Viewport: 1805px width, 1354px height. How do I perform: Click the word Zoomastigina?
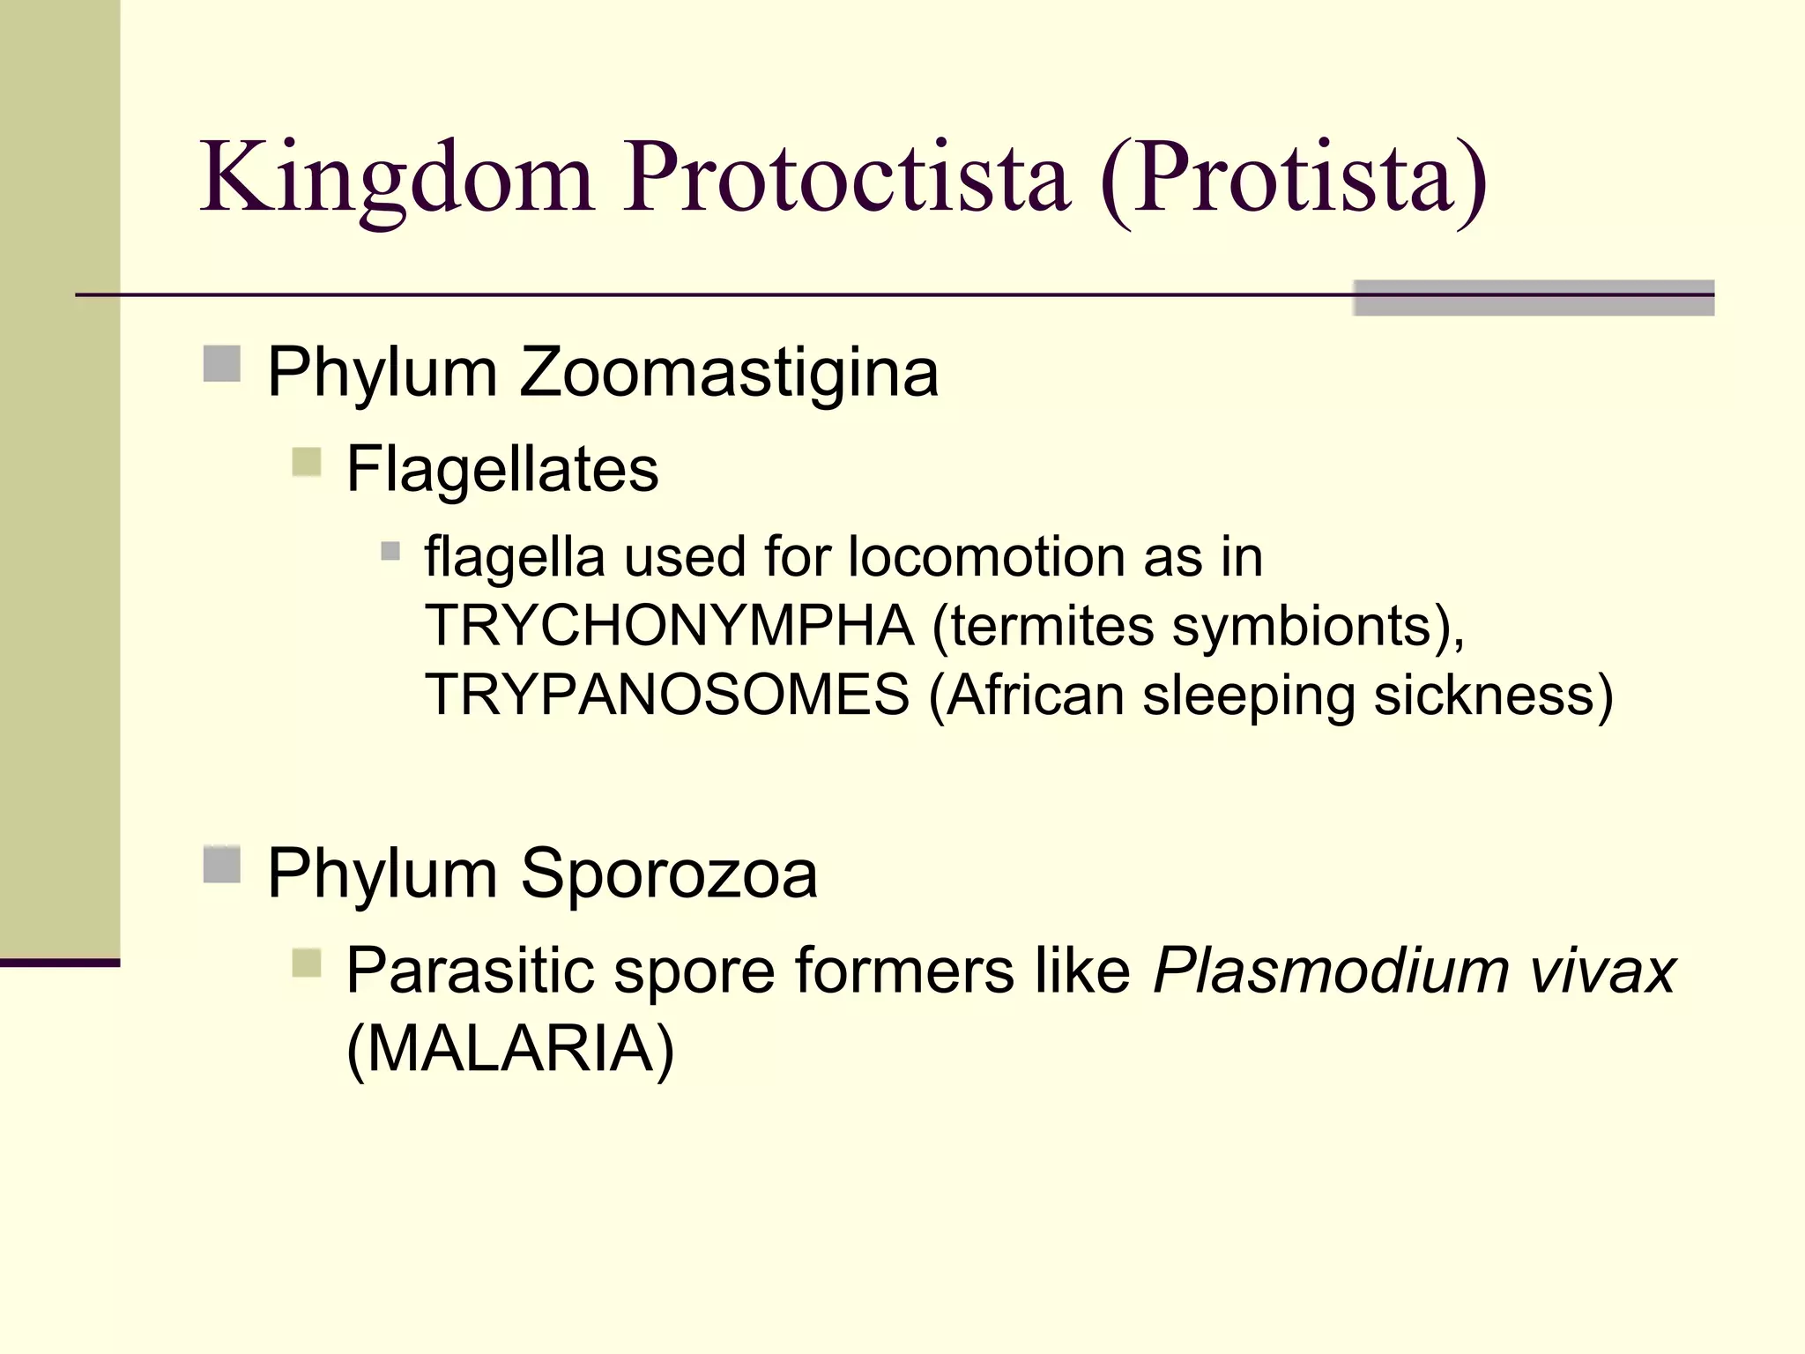coord(729,372)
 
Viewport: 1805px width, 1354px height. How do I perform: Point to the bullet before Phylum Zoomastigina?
coord(221,364)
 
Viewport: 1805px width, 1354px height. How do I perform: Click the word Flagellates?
coord(502,469)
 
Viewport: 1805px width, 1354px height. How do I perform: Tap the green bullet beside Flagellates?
coord(306,461)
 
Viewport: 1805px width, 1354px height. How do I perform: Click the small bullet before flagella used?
coord(390,552)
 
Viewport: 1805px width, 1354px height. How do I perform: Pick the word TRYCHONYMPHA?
coord(670,626)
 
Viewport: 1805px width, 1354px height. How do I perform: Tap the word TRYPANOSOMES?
coord(667,695)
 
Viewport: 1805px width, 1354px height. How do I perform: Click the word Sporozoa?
coord(669,874)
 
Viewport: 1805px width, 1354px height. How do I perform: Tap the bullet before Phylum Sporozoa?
coord(221,865)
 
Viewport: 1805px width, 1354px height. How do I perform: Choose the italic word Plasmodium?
coord(1331,971)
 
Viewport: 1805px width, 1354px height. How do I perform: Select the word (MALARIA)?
coord(510,1049)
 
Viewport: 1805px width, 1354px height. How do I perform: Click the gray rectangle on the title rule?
coord(1534,298)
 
